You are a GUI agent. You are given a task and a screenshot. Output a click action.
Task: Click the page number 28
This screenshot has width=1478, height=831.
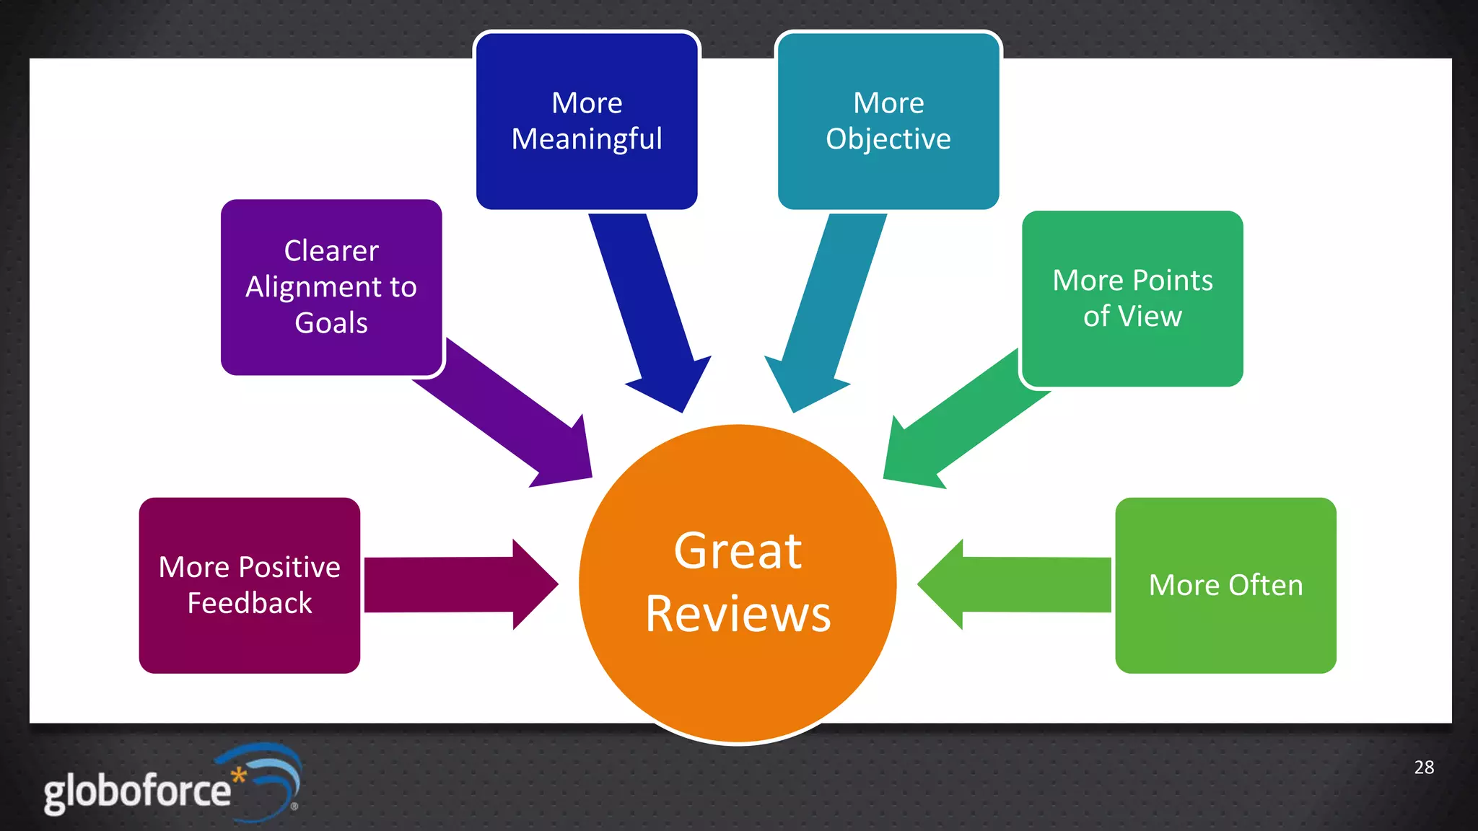(1424, 767)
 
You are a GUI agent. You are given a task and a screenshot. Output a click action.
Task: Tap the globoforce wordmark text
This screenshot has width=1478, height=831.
(136, 791)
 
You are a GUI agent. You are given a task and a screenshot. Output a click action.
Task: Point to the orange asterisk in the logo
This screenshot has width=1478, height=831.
(239, 775)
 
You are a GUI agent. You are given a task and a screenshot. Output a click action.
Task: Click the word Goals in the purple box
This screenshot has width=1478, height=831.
(331, 322)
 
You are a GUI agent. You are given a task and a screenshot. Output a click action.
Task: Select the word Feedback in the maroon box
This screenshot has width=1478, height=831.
(250, 602)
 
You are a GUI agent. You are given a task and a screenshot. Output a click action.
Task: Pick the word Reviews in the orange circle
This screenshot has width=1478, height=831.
(738, 614)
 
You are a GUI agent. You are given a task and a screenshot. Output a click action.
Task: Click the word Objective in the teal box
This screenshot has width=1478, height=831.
(888, 138)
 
